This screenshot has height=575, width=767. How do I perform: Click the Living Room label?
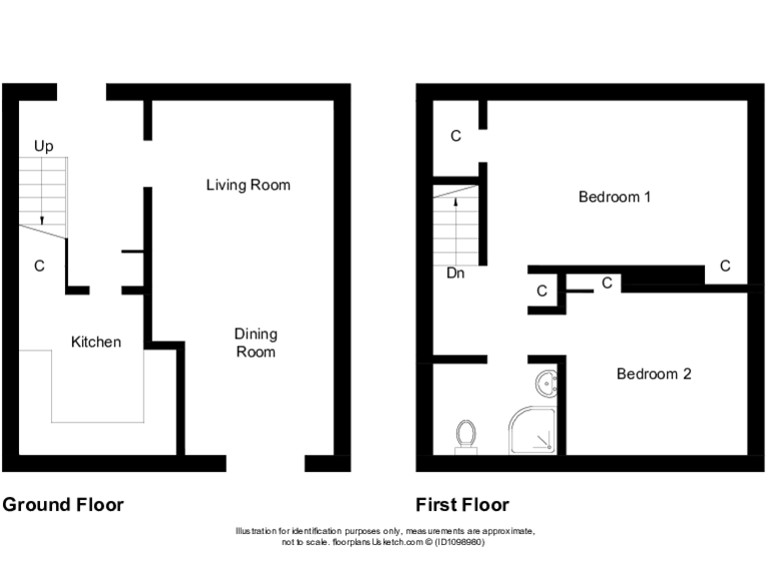click(x=248, y=185)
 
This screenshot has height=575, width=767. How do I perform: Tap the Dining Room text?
click(x=255, y=342)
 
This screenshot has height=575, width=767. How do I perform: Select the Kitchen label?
click(x=96, y=342)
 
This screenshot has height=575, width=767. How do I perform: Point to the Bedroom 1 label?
click(x=615, y=197)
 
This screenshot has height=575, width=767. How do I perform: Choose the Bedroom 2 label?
click(x=653, y=374)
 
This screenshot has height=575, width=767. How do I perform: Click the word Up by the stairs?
click(x=44, y=147)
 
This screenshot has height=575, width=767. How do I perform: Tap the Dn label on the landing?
click(x=456, y=272)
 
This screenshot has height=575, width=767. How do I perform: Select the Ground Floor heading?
click(x=63, y=505)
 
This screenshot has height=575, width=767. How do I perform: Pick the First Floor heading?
click(x=462, y=505)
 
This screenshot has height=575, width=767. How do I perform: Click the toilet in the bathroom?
click(x=465, y=436)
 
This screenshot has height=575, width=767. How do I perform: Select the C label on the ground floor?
click(x=40, y=267)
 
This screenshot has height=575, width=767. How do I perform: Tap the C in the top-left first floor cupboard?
click(x=455, y=136)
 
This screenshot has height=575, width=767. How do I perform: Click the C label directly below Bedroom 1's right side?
click(x=725, y=267)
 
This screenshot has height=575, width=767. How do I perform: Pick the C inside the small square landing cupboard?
click(x=542, y=291)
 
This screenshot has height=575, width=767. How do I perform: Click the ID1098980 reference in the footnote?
click(x=458, y=542)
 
